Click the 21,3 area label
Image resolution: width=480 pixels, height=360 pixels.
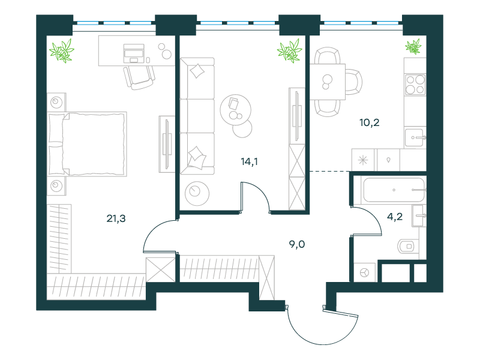116,218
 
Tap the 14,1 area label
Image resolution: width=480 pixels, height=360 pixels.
249,161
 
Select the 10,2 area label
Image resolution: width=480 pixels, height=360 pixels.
370,122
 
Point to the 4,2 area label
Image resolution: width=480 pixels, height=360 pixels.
395,217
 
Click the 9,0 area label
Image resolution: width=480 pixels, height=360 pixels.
297,244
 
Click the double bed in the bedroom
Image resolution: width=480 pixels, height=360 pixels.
87,144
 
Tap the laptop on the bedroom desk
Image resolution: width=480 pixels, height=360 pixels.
134,53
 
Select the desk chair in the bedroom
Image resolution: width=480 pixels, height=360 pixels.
139,77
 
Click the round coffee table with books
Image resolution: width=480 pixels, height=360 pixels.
235,110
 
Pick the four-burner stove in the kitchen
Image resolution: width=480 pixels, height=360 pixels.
415,85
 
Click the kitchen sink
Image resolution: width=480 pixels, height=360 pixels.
415,138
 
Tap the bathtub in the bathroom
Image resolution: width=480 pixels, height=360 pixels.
394,190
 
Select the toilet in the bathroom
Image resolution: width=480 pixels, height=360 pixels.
407,246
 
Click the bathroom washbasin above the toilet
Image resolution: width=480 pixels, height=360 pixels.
419,215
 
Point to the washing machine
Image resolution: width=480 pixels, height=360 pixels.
364,272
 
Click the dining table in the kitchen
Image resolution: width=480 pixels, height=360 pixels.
328,82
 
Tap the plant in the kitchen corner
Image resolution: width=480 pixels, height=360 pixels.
413,47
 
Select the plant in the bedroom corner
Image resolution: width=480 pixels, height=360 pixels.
62,51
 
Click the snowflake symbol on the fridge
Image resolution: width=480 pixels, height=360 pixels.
363,160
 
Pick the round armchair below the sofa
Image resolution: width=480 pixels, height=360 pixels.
197,193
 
